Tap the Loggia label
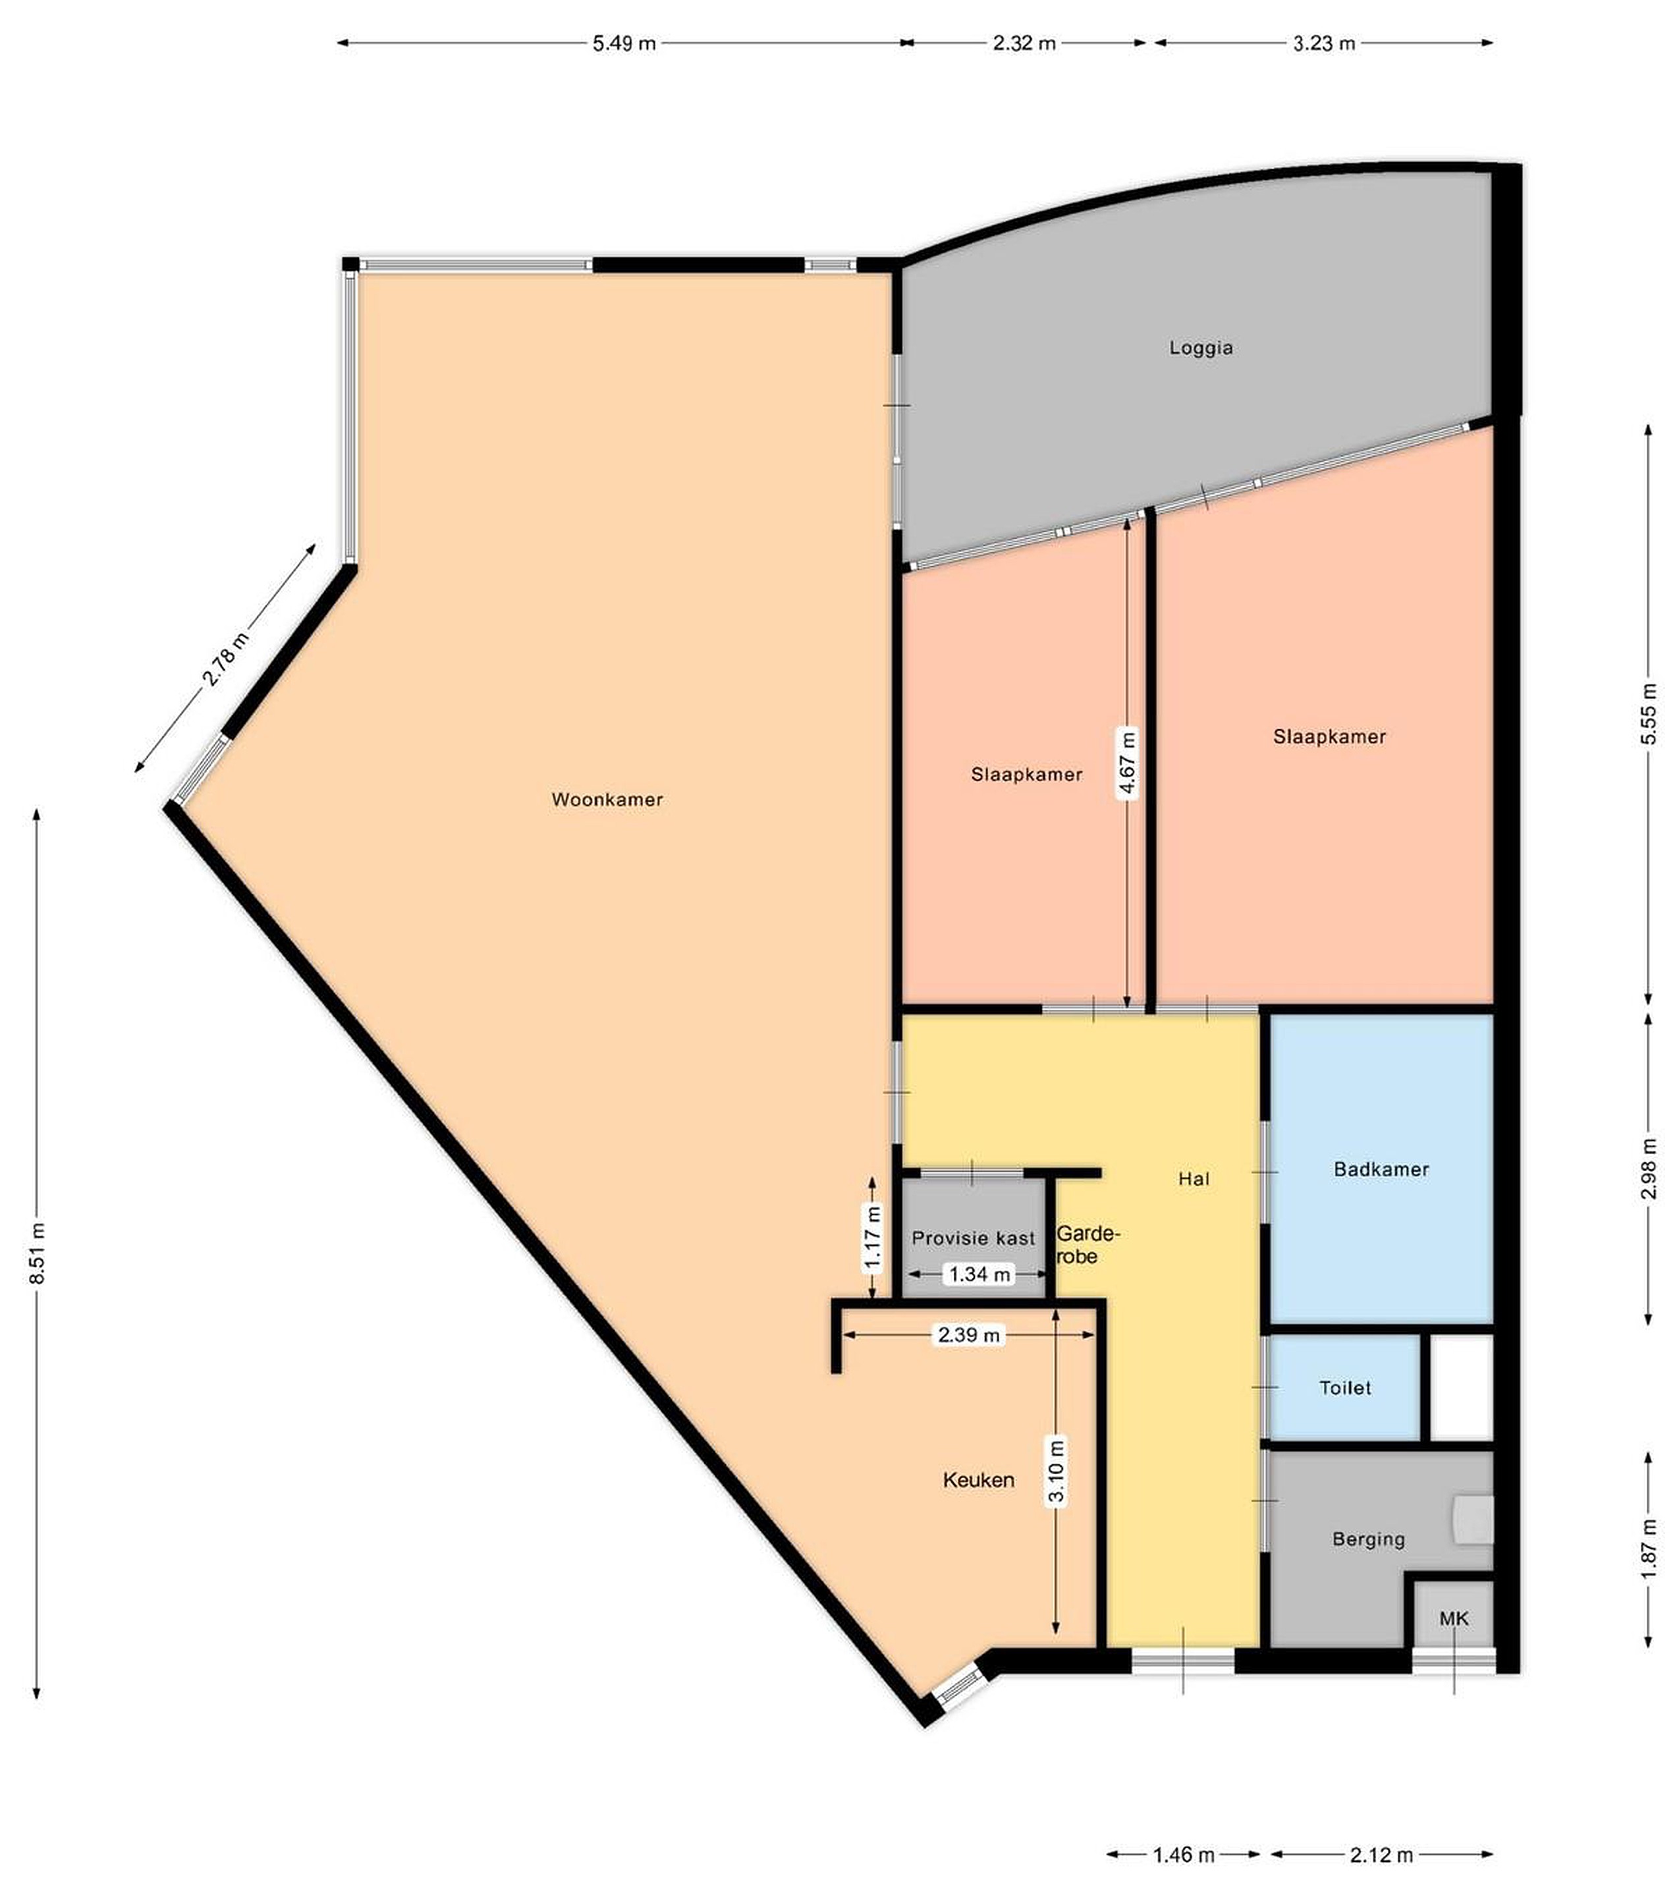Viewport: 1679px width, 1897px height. (1201, 348)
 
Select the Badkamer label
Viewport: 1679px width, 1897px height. (1381, 1169)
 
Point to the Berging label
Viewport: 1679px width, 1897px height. (1368, 1539)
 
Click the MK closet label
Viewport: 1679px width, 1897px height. (1454, 1618)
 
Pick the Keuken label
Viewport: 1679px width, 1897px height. (978, 1479)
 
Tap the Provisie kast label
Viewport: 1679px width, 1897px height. (973, 1238)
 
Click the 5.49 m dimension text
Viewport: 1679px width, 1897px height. (624, 43)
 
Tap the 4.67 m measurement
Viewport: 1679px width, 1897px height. (1127, 765)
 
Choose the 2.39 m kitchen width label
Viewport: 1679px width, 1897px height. (969, 1334)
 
